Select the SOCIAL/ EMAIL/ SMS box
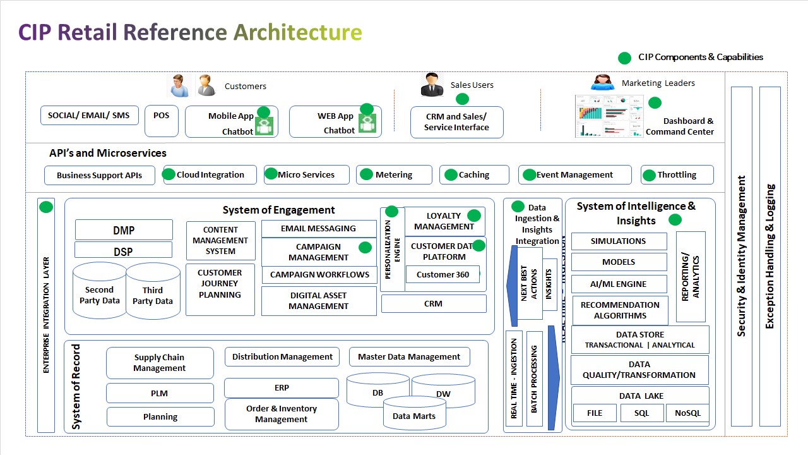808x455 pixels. click(x=89, y=115)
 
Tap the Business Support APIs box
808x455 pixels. click(x=100, y=175)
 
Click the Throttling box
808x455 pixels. click(x=677, y=174)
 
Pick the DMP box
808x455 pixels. click(x=124, y=230)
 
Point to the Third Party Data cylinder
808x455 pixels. click(x=153, y=295)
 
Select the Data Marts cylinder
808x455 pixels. click(x=414, y=415)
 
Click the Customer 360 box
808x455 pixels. click(x=443, y=274)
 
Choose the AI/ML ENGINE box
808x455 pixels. click(x=619, y=284)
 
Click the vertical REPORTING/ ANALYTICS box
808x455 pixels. click(x=691, y=277)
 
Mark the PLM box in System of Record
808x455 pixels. click(x=160, y=393)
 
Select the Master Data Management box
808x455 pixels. click(x=409, y=356)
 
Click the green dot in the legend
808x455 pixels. click(x=624, y=58)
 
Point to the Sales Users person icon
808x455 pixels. click(x=432, y=85)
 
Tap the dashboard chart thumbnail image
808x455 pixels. click(x=609, y=116)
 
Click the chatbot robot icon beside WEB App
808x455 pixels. click(x=367, y=123)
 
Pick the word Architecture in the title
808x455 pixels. click(x=298, y=32)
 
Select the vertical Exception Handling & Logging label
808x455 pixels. click(x=769, y=256)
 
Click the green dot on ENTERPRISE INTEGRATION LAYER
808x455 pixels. click(x=46, y=207)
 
